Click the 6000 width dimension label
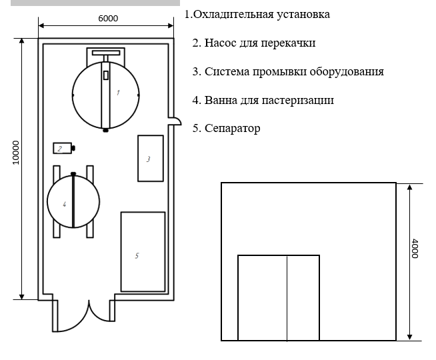tap(107, 18)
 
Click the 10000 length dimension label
tap(16, 153)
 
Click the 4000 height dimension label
tap(415, 249)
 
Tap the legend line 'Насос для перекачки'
tap(253, 43)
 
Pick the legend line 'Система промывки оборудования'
tap(287, 71)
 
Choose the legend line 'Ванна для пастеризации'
tap(263, 100)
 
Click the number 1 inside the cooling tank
tap(118, 92)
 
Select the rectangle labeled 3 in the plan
tap(150, 158)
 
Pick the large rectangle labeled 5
tap(143, 252)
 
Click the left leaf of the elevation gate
tap(262, 297)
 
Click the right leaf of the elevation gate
tap(303, 297)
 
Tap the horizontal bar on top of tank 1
tap(105, 52)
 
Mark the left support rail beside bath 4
tap(56, 201)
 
